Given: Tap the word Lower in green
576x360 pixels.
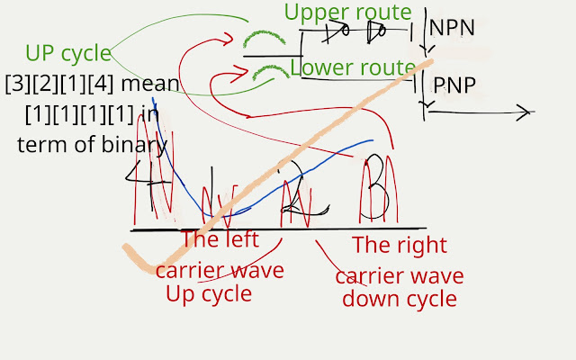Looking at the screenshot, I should pyautogui.click(x=320, y=67).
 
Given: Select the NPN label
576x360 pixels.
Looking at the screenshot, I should pyautogui.click(x=452, y=28).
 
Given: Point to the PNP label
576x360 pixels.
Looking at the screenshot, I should pyautogui.click(x=454, y=85).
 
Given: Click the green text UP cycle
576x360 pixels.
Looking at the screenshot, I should pyautogui.click(x=68, y=53).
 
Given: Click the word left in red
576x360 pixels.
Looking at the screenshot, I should pyautogui.click(x=238, y=239).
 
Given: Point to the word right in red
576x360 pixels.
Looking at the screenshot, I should pyautogui.click(x=423, y=245).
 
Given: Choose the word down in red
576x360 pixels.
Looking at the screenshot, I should pyautogui.click(x=368, y=298).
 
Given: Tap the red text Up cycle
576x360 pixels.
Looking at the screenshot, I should pyautogui.click(x=209, y=293).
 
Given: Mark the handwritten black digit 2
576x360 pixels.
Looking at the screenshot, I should pyautogui.click(x=292, y=193).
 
